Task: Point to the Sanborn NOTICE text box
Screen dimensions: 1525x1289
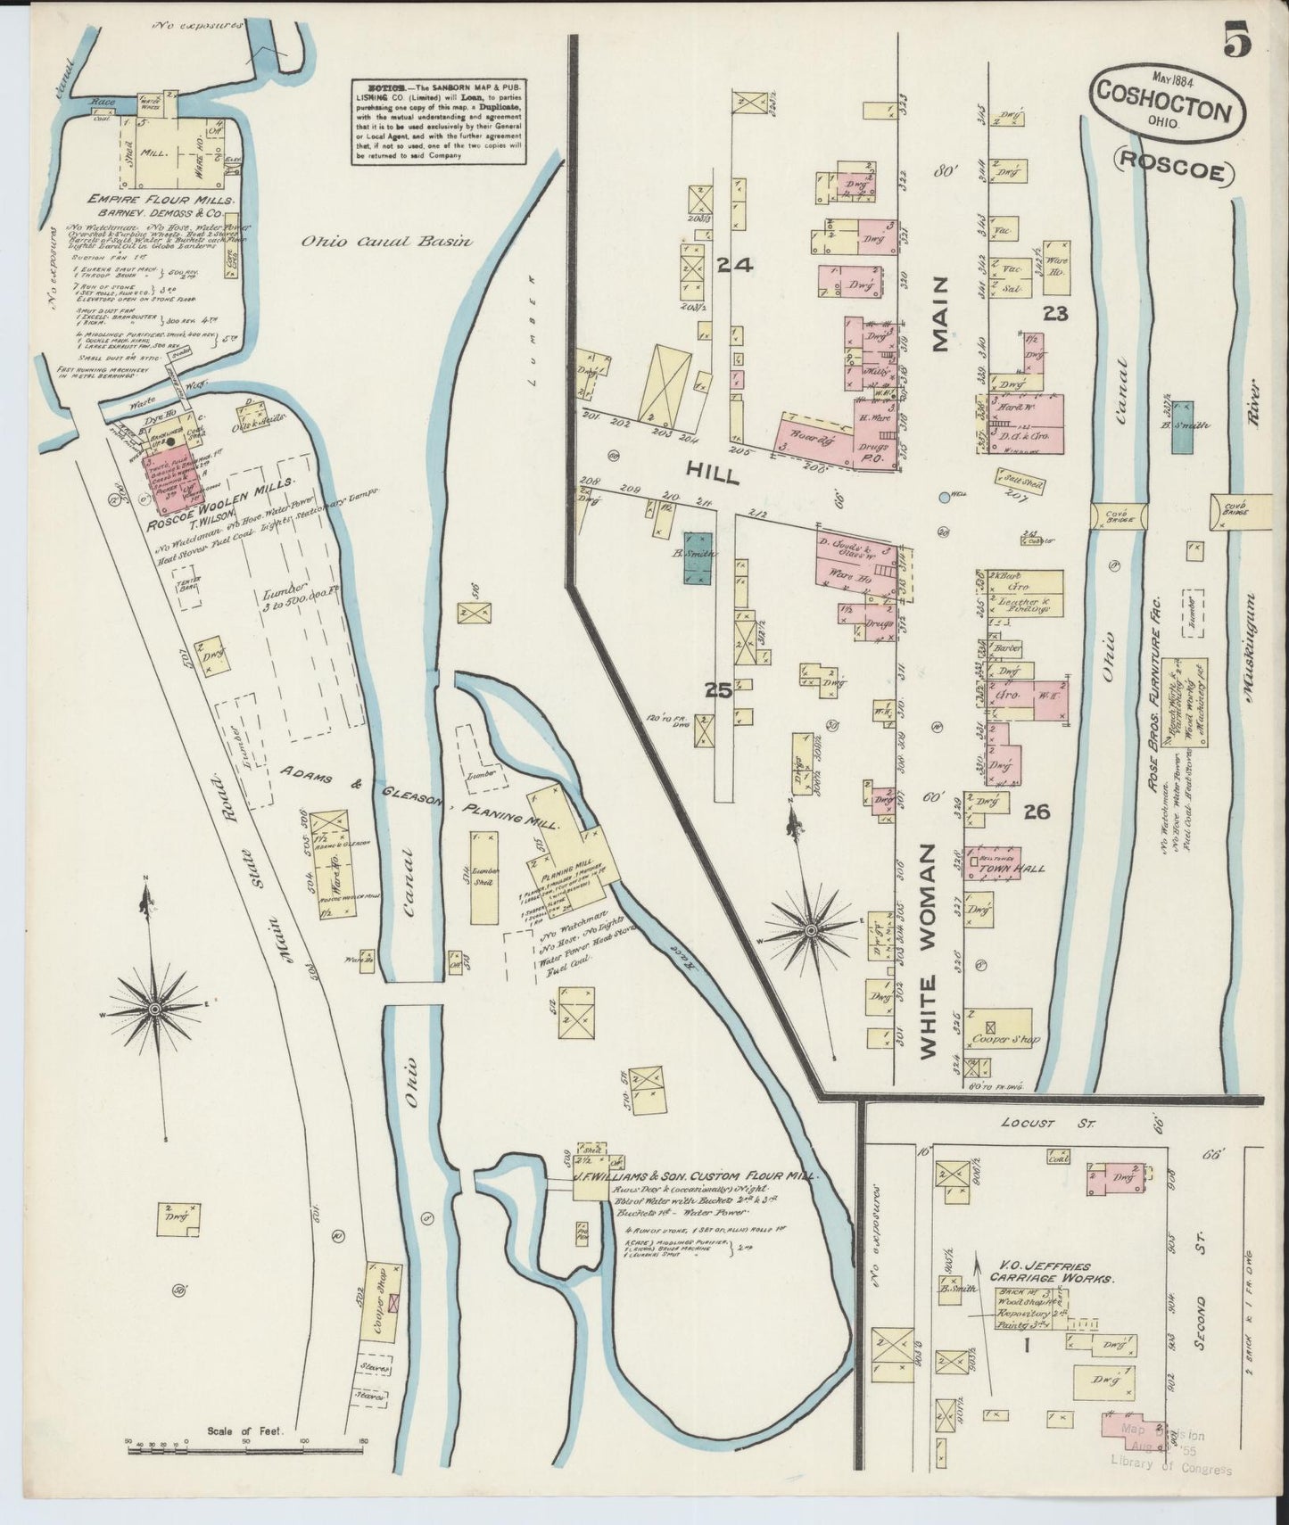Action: coord(437,123)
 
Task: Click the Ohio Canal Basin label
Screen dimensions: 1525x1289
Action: coord(385,241)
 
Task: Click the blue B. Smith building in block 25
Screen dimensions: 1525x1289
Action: coord(698,557)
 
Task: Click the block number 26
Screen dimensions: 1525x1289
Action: coord(1036,812)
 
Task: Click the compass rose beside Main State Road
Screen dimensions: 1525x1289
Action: coord(154,1008)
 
